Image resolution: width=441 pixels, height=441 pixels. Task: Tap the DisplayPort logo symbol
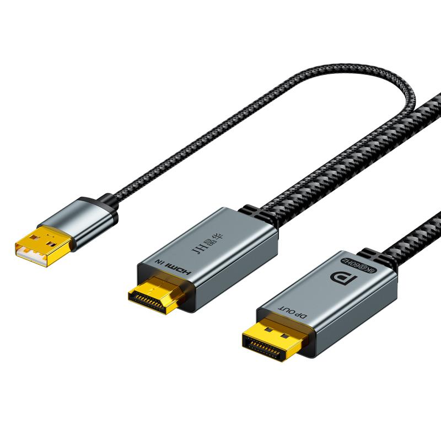coord(343,278)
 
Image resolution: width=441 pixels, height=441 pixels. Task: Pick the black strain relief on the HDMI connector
coord(257,214)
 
